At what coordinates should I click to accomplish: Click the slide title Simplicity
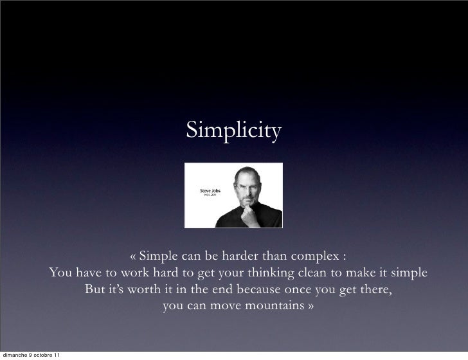point(234,131)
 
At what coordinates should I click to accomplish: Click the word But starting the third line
point(95,289)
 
